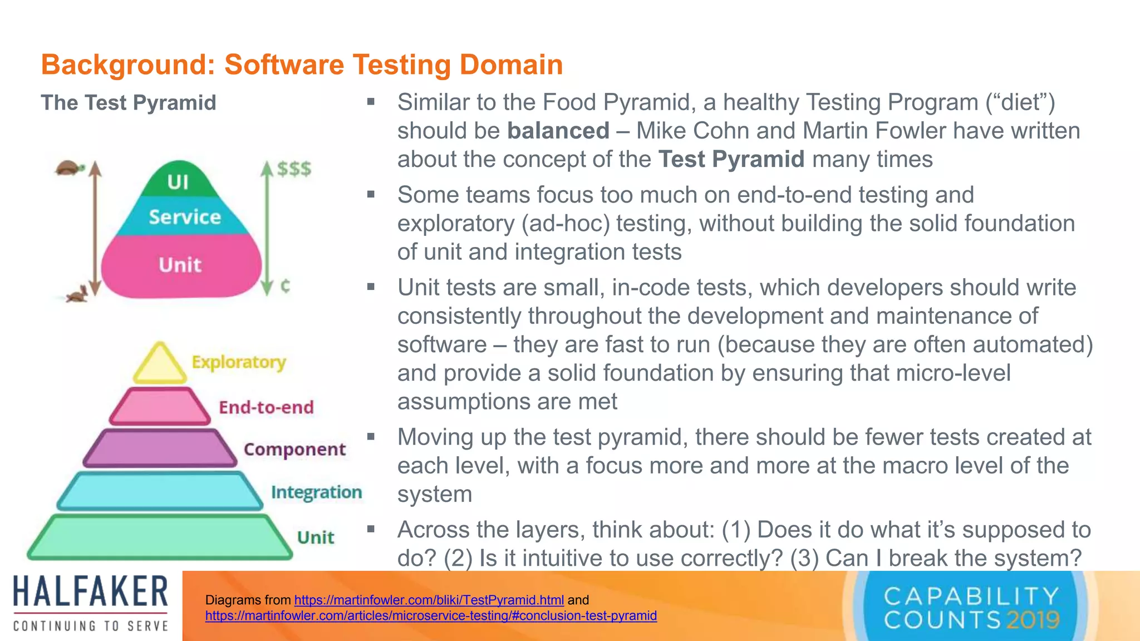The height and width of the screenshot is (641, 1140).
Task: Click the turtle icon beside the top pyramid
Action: [70, 168]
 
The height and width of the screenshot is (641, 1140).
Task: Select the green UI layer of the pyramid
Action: [178, 181]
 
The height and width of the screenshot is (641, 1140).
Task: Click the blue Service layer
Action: [184, 216]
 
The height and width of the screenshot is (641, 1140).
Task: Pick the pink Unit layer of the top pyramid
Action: [180, 265]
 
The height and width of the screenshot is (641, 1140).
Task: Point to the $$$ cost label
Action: [294, 169]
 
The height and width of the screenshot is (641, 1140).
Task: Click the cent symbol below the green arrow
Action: [285, 286]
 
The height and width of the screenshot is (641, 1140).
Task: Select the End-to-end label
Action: [266, 407]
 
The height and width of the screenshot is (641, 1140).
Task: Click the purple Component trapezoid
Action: [160, 448]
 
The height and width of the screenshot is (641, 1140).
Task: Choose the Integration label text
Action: [316, 492]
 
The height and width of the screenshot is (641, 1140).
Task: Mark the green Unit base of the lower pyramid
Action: [160, 537]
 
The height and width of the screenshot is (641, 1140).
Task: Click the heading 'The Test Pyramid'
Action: [129, 103]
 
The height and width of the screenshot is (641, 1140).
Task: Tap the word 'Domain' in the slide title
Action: [511, 65]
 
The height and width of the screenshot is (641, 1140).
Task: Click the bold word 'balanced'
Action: [558, 131]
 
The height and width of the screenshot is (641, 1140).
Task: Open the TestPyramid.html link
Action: [429, 600]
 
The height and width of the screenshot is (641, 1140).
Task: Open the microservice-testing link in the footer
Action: [431, 616]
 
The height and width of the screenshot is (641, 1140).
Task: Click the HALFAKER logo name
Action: [91, 591]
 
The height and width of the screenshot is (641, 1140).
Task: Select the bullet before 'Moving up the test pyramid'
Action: [371, 437]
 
